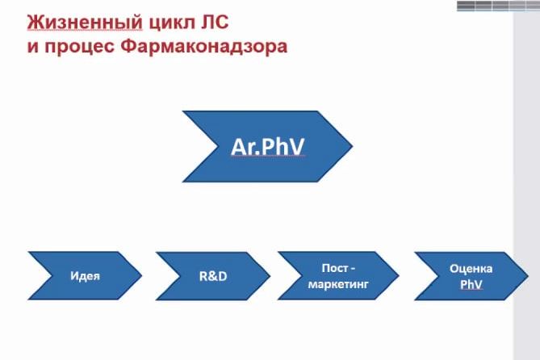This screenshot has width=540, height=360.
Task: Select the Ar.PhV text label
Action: (267, 146)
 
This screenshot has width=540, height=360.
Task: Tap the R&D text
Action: (213, 276)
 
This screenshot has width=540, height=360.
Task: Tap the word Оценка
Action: (471, 269)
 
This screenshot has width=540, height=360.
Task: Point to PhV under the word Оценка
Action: (471, 284)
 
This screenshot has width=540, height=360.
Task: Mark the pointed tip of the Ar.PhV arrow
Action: (351, 146)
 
